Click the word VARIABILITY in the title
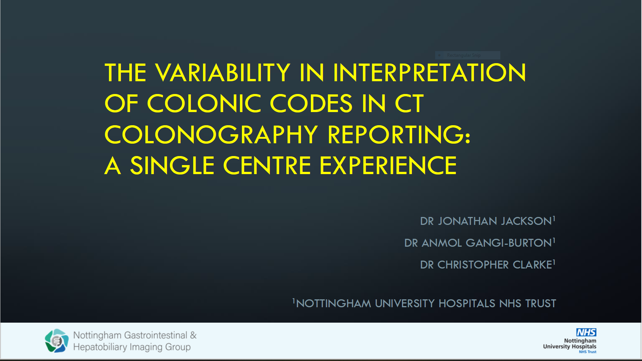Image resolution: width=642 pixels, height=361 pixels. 223,72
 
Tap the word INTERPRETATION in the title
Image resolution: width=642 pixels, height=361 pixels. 430,72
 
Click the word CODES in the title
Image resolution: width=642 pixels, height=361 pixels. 311,103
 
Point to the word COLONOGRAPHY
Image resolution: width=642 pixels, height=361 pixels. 211,135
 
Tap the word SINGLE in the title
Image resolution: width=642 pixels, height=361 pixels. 172,165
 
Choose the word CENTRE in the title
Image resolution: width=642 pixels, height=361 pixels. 267,165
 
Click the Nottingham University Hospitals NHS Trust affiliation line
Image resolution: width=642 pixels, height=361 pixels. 424,303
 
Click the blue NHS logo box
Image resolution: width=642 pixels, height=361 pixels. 586,332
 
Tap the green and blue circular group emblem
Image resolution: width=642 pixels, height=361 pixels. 57,341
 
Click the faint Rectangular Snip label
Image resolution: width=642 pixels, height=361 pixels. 464,55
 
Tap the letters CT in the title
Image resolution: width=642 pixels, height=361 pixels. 409,103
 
